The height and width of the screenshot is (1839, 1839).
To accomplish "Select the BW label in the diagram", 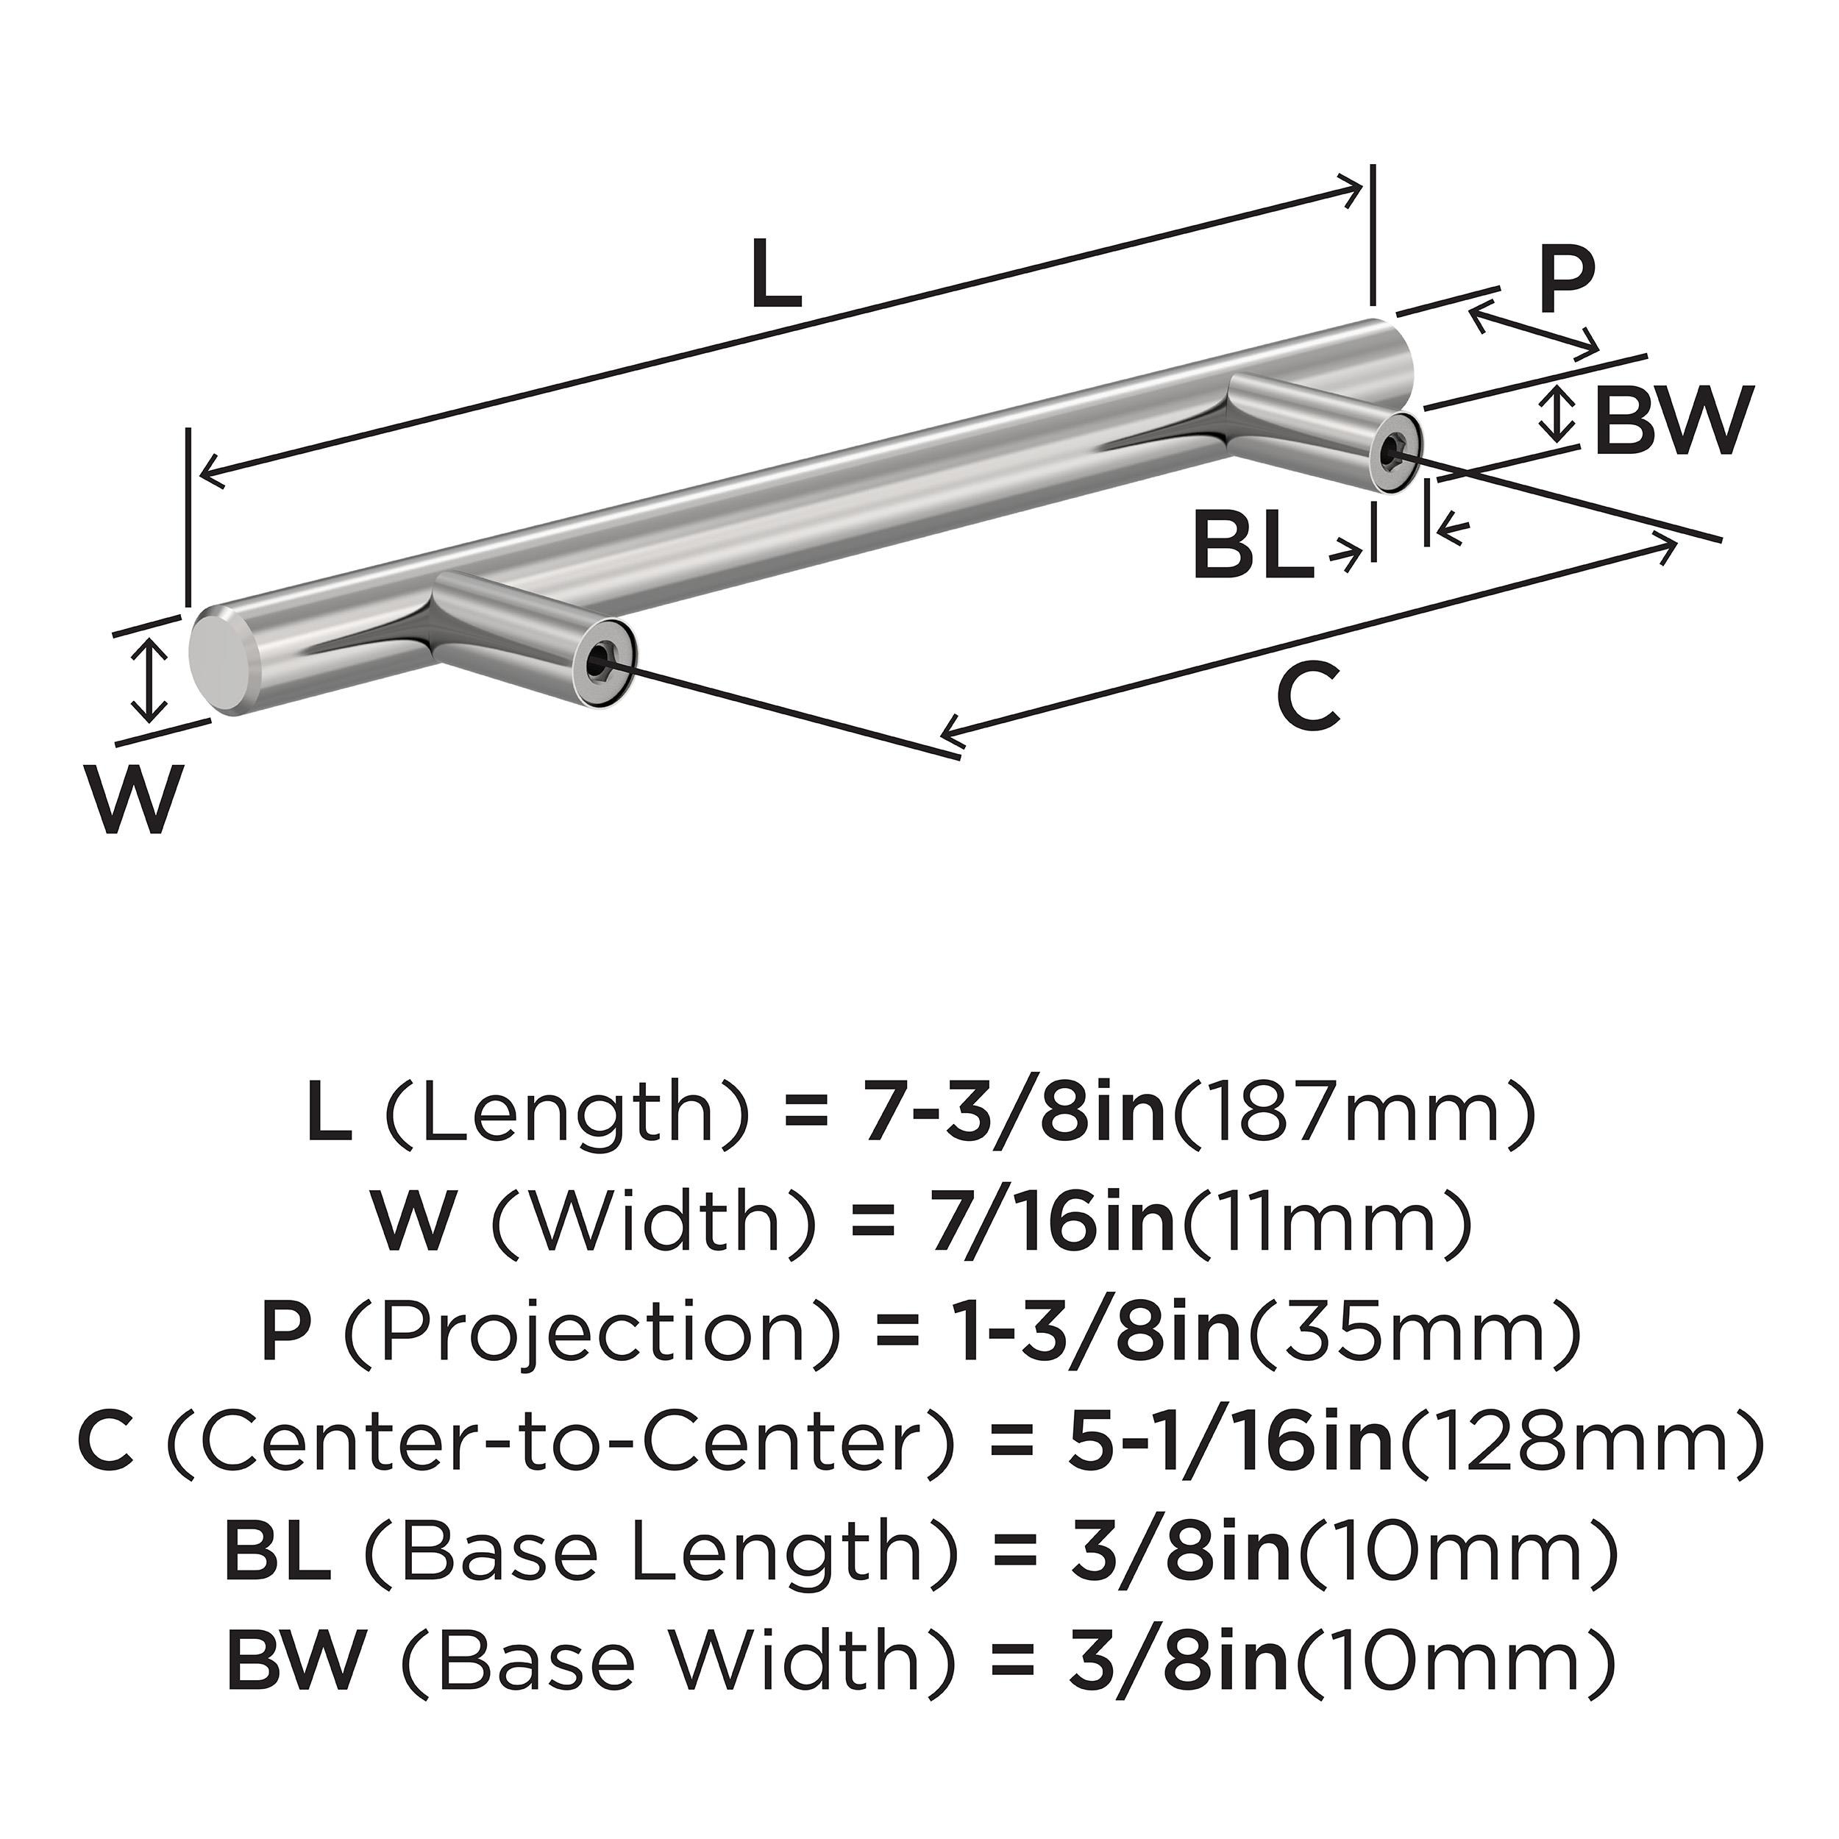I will point(1671,421).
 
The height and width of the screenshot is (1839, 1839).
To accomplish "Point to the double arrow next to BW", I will point(1557,413).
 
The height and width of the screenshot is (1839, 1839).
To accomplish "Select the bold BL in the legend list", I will point(277,1554).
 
